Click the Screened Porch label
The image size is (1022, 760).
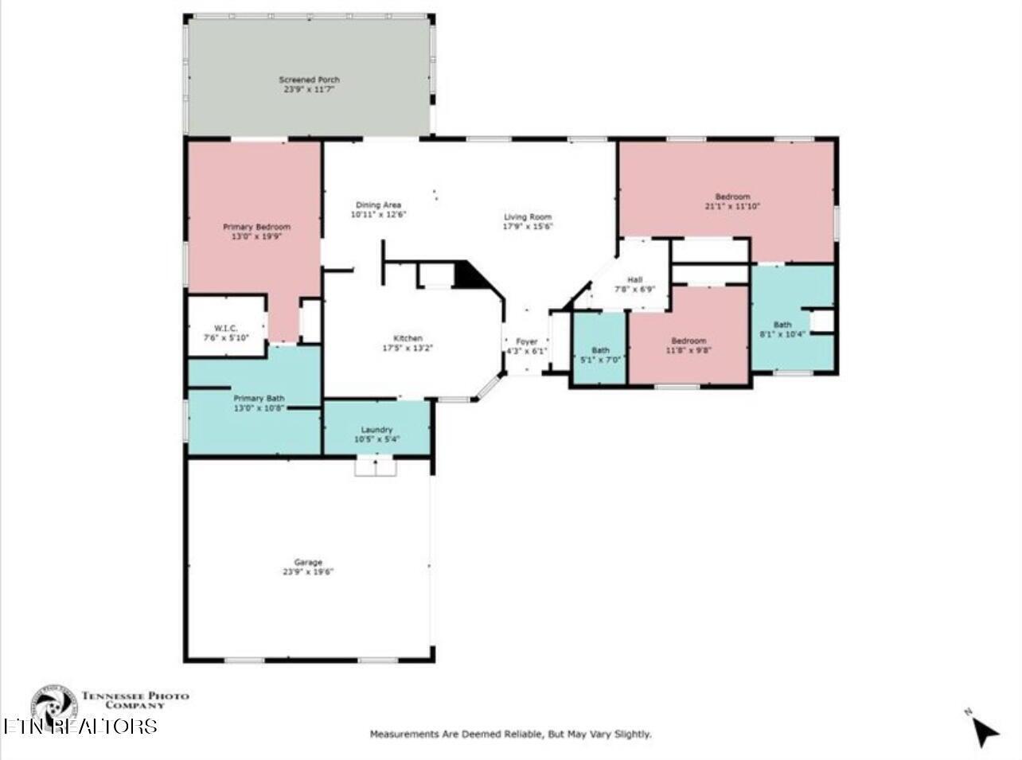click(309, 80)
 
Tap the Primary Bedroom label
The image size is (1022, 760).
click(256, 227)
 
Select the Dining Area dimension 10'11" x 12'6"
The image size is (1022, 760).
click(379, 215)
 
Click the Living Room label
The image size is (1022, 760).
click(527, 217)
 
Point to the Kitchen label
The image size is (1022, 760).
click(408, 338)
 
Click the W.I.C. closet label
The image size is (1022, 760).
click(226, 329)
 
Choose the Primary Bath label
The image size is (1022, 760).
click(259, 398)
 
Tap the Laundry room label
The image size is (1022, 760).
click(376, 430)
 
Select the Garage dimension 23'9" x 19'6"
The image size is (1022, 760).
click(308, 571)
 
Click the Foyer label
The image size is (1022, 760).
click(527, 341)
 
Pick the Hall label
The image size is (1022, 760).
click(634, 280)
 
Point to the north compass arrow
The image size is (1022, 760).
click(985, 730)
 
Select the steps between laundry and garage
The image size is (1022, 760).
click(375, 466)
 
